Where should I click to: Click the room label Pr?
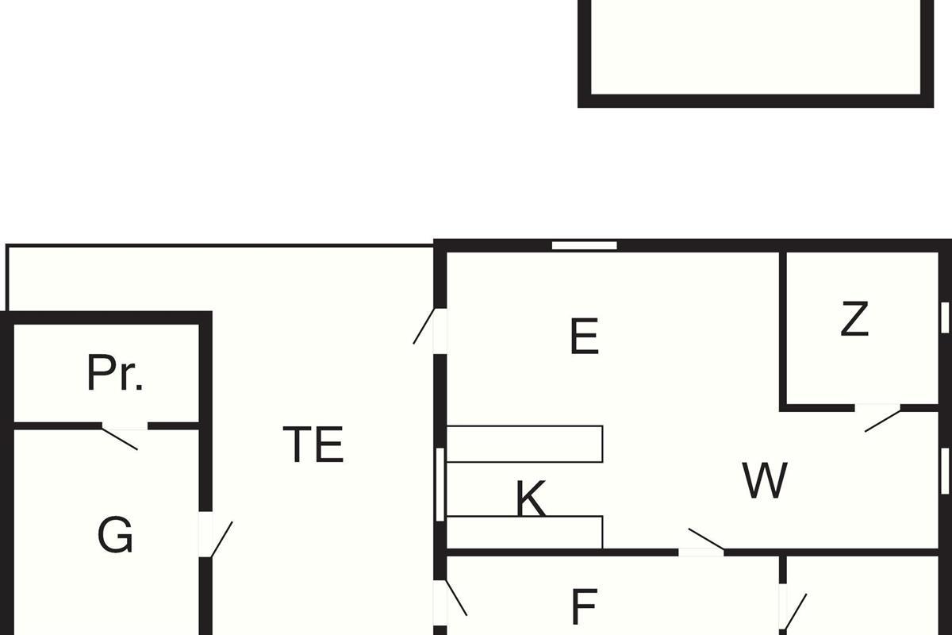tap(115, 372)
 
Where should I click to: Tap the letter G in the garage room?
tap(115, 534)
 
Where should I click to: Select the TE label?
tap(313, 444)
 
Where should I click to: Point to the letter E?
tap(585, 336)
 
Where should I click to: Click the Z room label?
tap(854, 319)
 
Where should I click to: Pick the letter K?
tap(531, 498)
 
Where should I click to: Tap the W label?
tap(765, 479)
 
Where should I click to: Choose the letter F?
tap(585, 606)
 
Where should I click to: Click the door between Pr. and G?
tap(120, 436)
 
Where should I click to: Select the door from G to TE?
tap(216, 539)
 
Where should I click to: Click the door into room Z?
tap(882, 418)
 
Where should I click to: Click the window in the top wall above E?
tap(585, 245)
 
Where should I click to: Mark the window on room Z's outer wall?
tap(945, 317)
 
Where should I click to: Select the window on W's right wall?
tap(945, 471)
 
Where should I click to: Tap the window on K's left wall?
tap(440, 484)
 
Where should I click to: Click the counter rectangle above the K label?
tap(525, 444)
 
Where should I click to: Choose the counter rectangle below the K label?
tap(525, 532)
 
